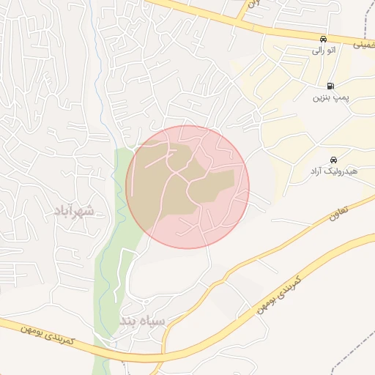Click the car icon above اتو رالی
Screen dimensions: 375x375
pos(323,39)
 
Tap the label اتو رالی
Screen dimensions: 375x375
pos(323,51)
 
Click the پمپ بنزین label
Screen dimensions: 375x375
pos(329,97)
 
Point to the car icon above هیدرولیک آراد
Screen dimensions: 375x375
pos(334,160)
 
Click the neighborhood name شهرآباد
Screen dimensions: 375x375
pos(74,212)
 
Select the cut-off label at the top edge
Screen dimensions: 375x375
pos(253,4)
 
